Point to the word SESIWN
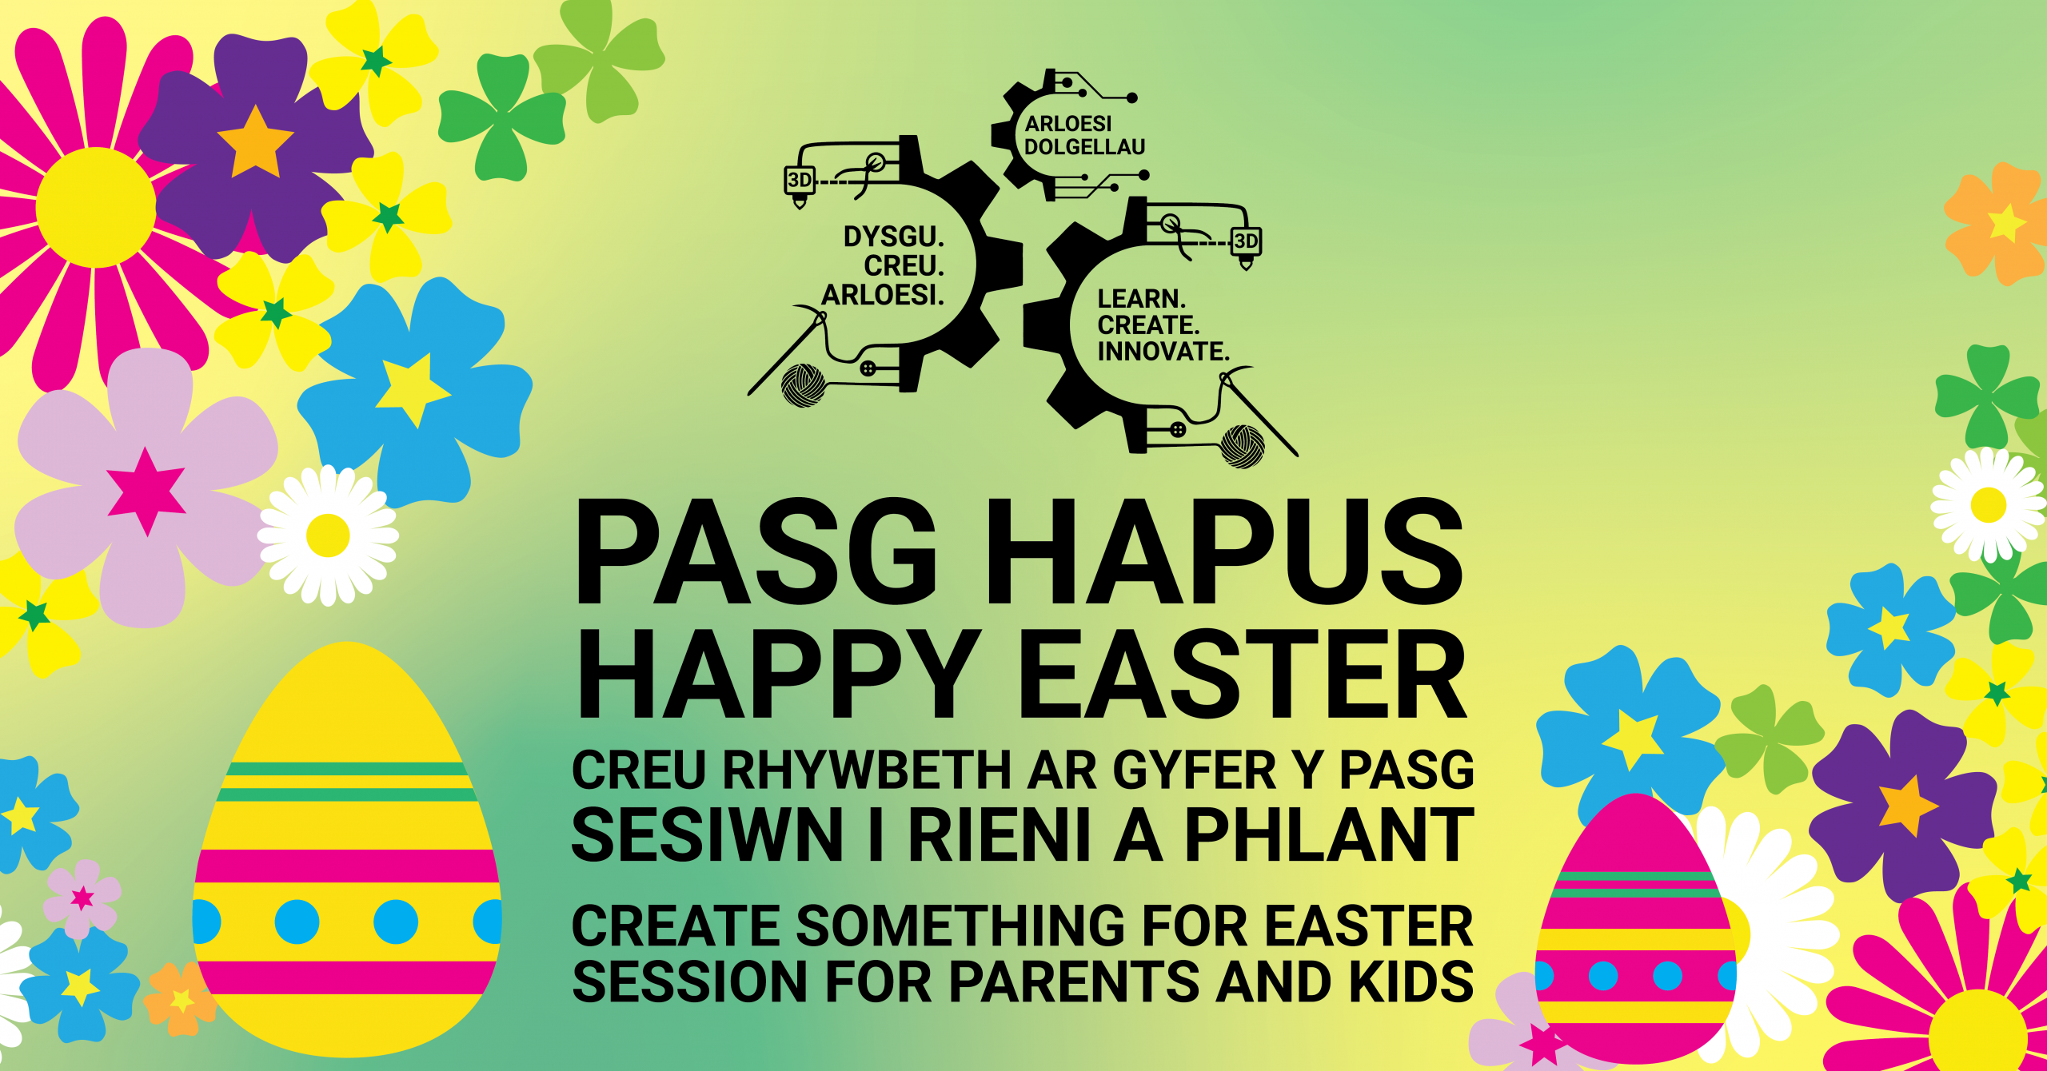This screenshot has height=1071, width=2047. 708,834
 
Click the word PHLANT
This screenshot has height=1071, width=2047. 1330,834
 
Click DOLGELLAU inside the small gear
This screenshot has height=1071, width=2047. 1084,147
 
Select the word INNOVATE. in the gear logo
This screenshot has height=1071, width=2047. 1163,351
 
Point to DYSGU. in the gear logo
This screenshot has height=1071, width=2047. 894,237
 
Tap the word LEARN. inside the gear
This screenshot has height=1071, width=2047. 1141,299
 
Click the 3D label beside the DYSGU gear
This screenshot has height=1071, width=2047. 800,180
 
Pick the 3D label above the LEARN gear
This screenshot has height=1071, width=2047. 1246,241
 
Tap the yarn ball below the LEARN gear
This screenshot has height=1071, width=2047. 1243,446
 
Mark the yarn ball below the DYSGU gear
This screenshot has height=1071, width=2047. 803,385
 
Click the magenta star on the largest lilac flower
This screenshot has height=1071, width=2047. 146,491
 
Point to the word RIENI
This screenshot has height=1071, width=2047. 999,834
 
